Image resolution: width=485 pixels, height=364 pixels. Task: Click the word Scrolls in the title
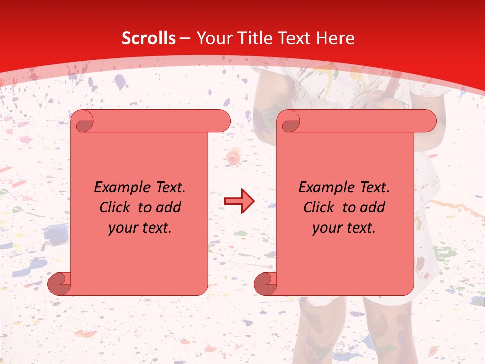149,38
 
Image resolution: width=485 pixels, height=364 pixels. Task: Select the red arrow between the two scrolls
239,201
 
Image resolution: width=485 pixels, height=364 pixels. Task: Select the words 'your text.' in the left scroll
140,228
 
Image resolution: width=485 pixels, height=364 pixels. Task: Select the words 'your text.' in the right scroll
344,228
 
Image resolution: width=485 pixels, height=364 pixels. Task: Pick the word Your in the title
212,38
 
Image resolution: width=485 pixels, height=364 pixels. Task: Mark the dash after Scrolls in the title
184,38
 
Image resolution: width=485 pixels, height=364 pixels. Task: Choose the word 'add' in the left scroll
169,207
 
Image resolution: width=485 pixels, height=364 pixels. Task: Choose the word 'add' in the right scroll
373,207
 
